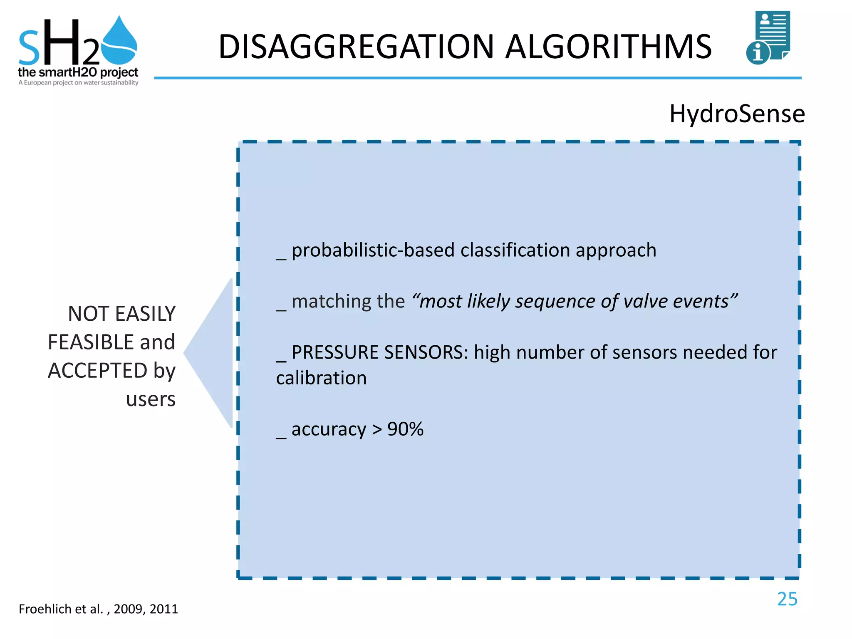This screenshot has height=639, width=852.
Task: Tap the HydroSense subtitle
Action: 737,114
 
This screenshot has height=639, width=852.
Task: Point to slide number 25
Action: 787,599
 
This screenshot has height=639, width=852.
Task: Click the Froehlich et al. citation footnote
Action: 98,609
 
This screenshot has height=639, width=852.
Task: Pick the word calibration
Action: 321,378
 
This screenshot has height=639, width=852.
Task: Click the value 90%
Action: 405,429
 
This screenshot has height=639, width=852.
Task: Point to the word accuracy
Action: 329,429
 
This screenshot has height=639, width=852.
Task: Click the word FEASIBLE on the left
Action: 92,342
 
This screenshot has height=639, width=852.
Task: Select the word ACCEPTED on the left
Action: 97,371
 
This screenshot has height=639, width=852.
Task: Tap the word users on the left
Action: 151,399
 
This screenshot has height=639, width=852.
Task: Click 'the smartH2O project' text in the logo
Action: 78,72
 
